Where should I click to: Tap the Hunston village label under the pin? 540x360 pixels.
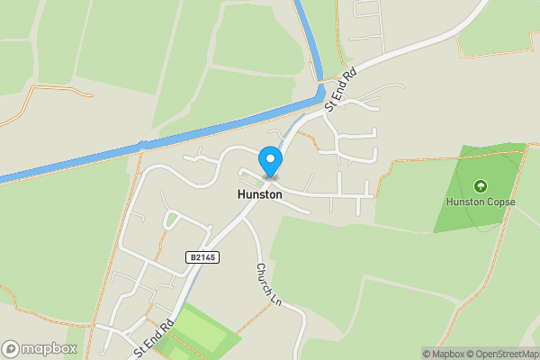click(259, 194)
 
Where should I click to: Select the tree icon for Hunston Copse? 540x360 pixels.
click(481, 185)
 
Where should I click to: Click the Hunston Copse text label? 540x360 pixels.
click(481, 202)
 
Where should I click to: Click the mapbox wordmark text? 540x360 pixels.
click(50, 348)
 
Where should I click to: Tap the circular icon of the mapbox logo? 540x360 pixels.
click(12, 348)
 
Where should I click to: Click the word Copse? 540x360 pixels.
click(500, 202)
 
